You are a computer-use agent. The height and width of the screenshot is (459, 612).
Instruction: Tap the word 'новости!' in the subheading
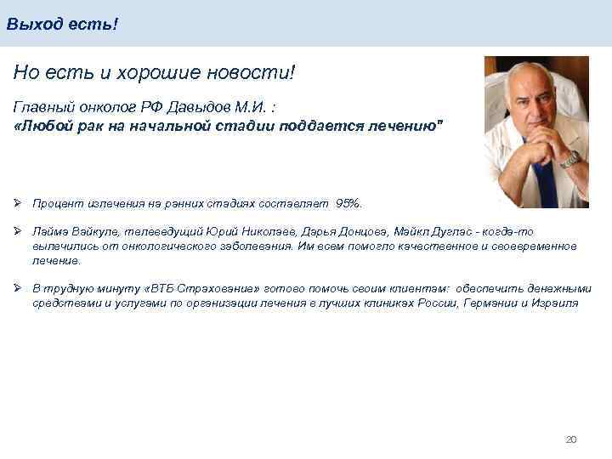(x=256, y=73)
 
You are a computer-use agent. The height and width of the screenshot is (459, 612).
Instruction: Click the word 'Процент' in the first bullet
(x=55, y=203)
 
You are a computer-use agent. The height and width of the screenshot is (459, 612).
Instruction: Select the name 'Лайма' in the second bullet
(x=49, y=231)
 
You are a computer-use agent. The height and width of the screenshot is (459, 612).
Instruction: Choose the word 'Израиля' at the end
(x=558, y=303)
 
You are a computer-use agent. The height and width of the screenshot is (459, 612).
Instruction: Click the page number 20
(x=570, y=439)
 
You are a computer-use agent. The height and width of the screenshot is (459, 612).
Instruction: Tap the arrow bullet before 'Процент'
(x=18, y=203)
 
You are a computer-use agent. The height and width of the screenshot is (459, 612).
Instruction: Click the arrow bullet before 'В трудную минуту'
(x=18, y=289)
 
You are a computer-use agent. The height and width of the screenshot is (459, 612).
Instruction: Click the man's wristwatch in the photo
(x=569, y=159)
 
